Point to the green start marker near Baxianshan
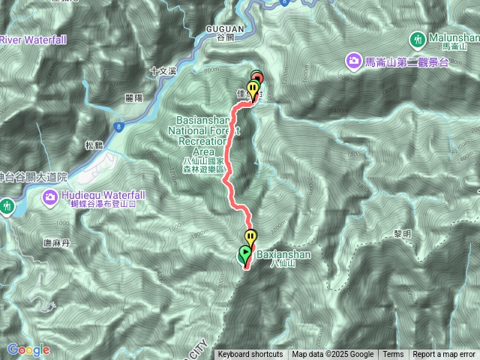pyautogui.click(x=244, y=254)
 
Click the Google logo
pyautogui.click(x=28, y=349)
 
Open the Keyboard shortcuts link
pyautogui.click(x=250, y=355)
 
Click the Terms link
pyautogui.click(x=393, y=355)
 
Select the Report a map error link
pyautogui.click(x=444, y=355)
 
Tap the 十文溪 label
pyautogui.click(x=161, y=72)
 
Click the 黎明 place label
pyautogui.click(x=403, y=234)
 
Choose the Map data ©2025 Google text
pyautogui.click(x=332, y=355)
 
